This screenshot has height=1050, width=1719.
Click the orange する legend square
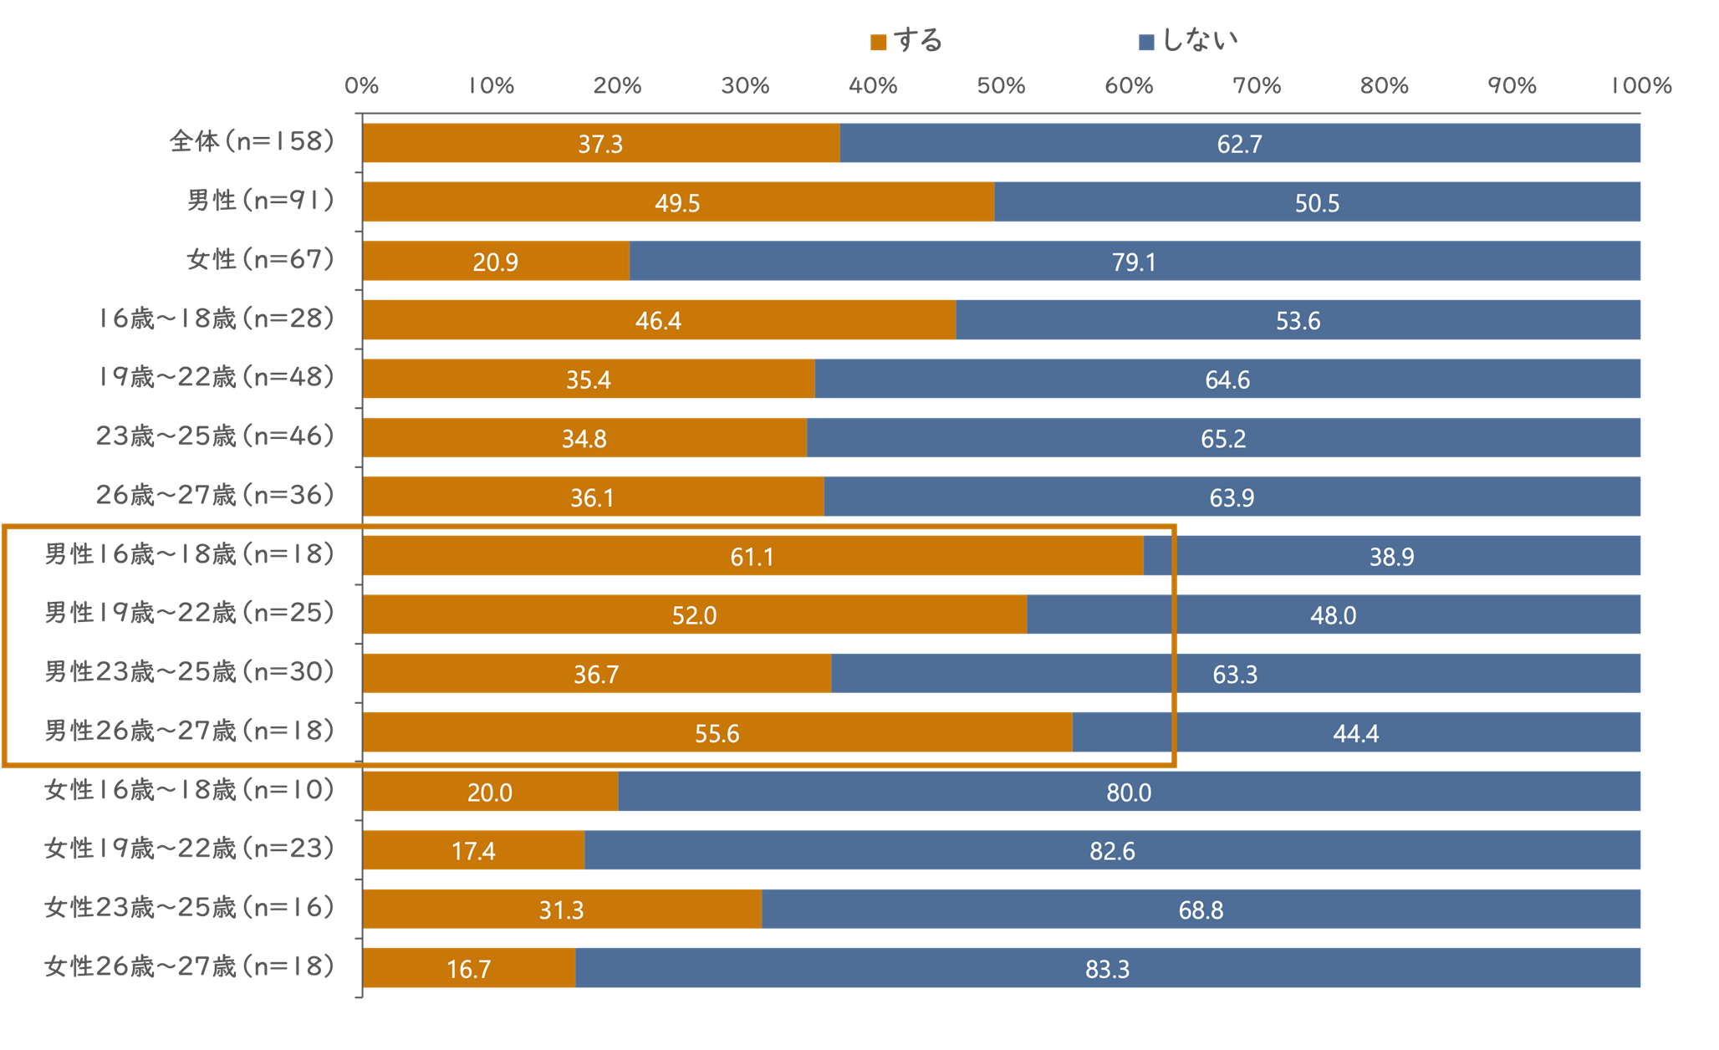878,43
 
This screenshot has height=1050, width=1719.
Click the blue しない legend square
1146,43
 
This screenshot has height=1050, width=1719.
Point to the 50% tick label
1001,86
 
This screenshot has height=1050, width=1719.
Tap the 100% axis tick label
1640,86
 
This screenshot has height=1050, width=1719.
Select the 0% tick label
361,86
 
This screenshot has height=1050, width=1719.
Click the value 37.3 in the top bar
600,145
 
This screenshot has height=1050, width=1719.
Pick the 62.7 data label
1239,145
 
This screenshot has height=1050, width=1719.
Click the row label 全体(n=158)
252,142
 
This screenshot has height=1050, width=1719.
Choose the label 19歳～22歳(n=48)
216,378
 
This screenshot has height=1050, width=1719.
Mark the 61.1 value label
752,557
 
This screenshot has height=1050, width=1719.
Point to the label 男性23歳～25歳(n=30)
190,672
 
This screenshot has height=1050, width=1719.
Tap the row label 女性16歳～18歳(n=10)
190,790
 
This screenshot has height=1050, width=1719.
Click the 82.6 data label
1112,852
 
